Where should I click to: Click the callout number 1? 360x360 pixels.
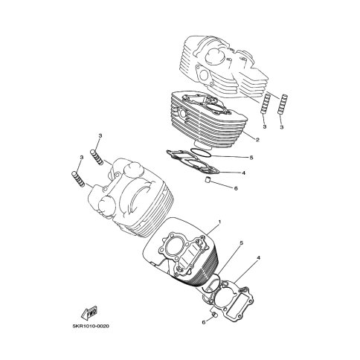click(x=219, y=222)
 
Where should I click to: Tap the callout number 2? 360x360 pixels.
click(x=257, y=140)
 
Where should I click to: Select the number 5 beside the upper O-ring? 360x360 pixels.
click(x=251, y=158)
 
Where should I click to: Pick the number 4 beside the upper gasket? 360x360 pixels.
click(x=244, y=173)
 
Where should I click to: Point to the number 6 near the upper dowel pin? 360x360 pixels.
click(x=236, y=188)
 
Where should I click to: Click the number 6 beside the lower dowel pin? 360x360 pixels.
click(x=204, y=323)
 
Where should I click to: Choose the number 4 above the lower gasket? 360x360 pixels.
click(x=259, y=258)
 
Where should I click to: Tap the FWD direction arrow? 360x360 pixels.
click(x=89, y=312)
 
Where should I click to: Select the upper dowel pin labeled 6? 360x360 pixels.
click(x=208, y=179)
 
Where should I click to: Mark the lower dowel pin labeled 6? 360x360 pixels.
click(x=214, y=315)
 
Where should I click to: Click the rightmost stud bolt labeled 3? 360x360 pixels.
click(x=283, y=103)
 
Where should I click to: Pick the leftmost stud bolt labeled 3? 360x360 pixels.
click(x=78, y=179)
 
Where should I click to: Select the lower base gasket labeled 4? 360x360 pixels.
click(x=229, y=300)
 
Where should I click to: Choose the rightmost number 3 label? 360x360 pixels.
click(x=281, y=127)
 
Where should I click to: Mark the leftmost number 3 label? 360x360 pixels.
click(x=81, y=157)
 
